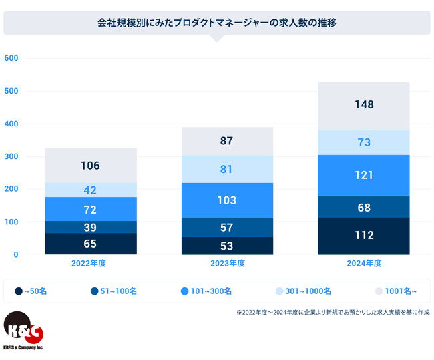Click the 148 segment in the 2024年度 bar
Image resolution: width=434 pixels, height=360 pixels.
(364, 106)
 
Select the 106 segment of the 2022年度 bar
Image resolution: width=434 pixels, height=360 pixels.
(91, 166)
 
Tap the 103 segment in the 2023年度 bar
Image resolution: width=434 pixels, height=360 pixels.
(227, 200)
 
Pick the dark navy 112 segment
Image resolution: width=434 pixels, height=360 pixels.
(364, 235)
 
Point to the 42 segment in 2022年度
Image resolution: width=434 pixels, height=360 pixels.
(91, 190)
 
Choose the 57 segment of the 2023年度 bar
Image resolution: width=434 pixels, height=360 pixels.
(227, 228)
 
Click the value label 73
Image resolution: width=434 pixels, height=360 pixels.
(364, 142)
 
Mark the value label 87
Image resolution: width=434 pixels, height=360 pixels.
(227, 141)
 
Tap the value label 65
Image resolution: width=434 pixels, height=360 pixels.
(91, 244)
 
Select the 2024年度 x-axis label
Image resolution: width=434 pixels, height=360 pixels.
(364, 264)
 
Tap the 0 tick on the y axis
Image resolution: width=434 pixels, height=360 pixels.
(15, 254)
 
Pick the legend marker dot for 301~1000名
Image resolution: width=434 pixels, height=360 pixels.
(280, 291)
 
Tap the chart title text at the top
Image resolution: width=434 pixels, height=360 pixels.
(216, 22)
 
